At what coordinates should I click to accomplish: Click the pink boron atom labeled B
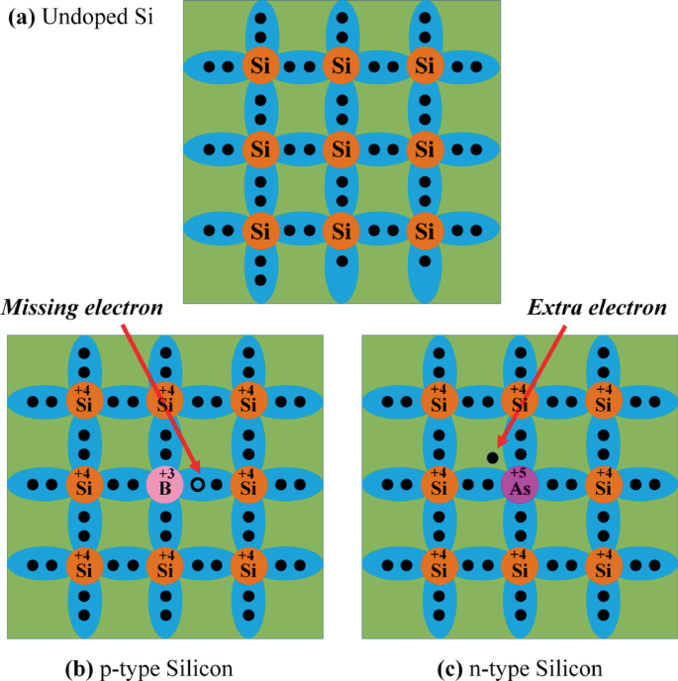(x=164, y=484)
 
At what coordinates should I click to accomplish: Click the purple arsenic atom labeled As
(x=520, y=484)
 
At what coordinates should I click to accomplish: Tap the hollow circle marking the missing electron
(x=198, y=484)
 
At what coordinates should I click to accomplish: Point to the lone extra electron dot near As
(x=492, y=456)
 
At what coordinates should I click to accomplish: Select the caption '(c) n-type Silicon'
(x=519, y=665)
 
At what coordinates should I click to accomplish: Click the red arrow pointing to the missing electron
(x=162, y=396)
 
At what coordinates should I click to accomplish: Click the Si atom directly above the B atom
(x=164, y=401)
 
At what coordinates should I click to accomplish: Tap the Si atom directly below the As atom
(x=520, y=566)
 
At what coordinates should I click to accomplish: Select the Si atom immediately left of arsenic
(x=437, y=484)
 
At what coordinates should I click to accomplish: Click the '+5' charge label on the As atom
(x=519, y=473)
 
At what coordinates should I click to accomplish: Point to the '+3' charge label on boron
(x=165, y=473)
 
